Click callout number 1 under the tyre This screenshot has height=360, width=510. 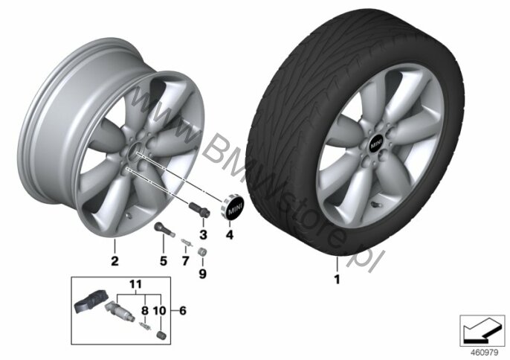[338, 279]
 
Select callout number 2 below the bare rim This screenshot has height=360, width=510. [114, 261]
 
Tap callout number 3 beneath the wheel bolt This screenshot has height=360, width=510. [203, 234]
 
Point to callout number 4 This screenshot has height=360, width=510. [230, 234]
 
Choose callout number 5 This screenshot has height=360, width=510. [164, 261]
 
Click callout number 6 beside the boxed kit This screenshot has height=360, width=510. [183, 310]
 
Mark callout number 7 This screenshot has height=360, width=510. [185, 261]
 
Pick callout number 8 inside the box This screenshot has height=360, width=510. [145, 310]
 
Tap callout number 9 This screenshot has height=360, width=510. [203, 274]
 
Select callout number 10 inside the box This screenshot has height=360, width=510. [159, 310]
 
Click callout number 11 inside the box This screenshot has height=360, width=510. [135, 284]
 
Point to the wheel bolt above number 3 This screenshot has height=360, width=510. [199, 209]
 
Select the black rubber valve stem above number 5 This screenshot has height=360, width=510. [164, 228]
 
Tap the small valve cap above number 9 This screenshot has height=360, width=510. [202, 252]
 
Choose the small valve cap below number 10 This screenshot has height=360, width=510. [161, 335]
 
